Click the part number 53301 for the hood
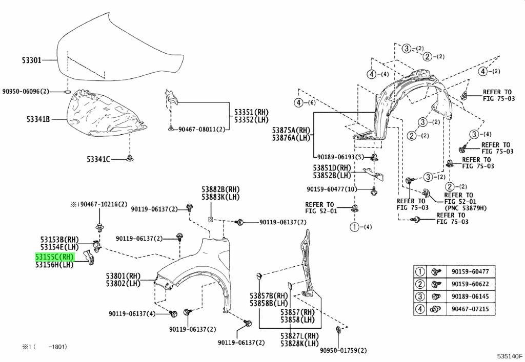click(32, 60)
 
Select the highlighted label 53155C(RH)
click(54, 257)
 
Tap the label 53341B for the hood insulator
click(38, 119)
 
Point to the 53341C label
click(98, 159)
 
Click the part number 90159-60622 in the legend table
click(470, 284)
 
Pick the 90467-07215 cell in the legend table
click(470, 309)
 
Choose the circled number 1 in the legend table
click(420, 272)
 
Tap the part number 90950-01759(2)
click(343, 351)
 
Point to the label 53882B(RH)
click(220, 189)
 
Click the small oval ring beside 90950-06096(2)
click(67, 91)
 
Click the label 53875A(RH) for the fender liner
click(291, 130)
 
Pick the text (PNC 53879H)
click(466, 208)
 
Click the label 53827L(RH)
click(299, 336)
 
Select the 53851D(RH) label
click(332, 168)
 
